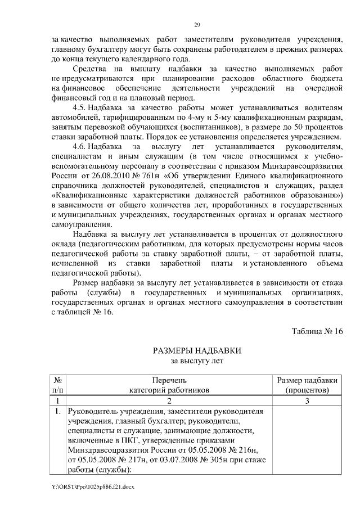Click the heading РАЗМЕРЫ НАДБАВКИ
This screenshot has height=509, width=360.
click(197, 350)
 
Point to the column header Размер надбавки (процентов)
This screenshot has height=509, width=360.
click(307, 384)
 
